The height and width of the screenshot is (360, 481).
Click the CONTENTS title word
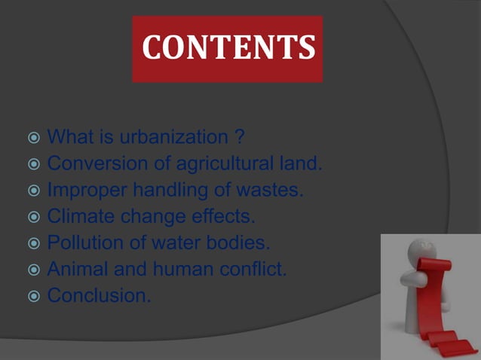click(227, 48)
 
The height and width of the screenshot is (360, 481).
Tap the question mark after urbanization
click(239, 138)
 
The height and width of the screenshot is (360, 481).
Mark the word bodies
click(242, 243)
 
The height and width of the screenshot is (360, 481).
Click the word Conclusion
click(99, 296)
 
